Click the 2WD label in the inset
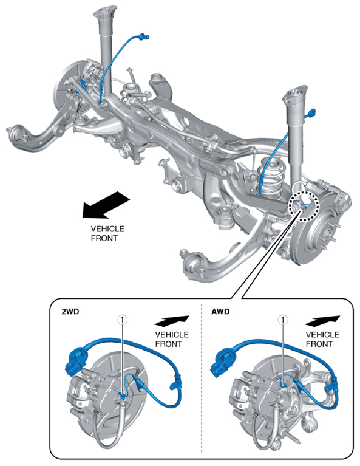pyautogui.click(x=70, y=312)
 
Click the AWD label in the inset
pyautogui.click(x=220, y=312)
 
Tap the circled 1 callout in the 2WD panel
pyautogui.click(x=123, y=320)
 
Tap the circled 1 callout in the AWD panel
pyautogui.click(x=282, y=320)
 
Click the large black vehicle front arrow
pyautogui.click(x=106, y=205)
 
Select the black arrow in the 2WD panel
pyautogui.click(x=172, y=321)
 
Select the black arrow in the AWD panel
pyautogui.click(x=322, y=321)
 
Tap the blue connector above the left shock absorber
pyautogui.click(x=143, y=36)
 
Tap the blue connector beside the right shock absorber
pyautogui.click(x=311, y=112)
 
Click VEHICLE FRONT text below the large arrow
pyautogui.click(x=107, y=233)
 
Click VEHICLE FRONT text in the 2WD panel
pyautogui.click(x=172, y=339)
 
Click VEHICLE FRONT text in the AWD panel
pyautogui.click(x=322, y=339)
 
